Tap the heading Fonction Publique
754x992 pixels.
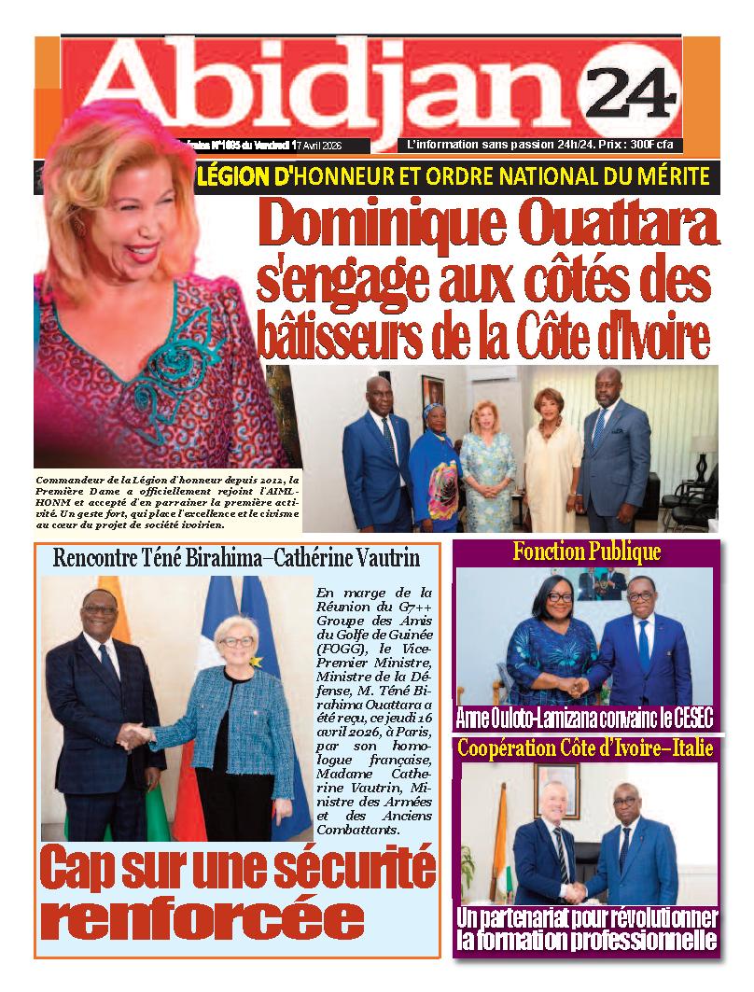[586, 552]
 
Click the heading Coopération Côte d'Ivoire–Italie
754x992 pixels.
[586, 747]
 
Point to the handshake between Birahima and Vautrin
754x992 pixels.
[138, 736]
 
